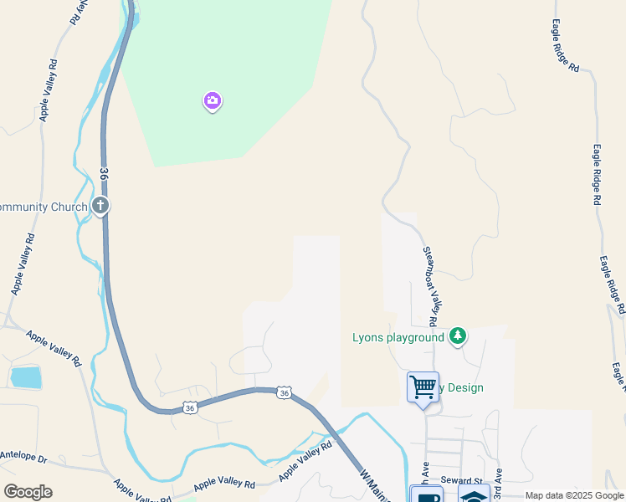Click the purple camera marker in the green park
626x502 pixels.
pos(213,101)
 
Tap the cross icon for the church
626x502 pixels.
pos(100,205)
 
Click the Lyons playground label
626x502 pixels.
pos(398,337)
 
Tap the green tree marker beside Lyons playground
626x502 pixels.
pos(457,336)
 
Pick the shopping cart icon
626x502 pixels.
pos(423,387)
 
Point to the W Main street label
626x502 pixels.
pos(376,486)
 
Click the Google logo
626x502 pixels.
pos(28,491)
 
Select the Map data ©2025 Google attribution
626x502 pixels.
pos(574,496)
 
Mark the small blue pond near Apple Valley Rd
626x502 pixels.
pos(26,377)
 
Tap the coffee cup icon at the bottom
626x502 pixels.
pos(426,495)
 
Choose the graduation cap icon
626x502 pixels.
pos(474,495)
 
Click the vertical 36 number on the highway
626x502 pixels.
pos(104,174)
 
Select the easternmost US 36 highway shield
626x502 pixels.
pos(285,392)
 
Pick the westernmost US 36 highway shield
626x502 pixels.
pos(191,407)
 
